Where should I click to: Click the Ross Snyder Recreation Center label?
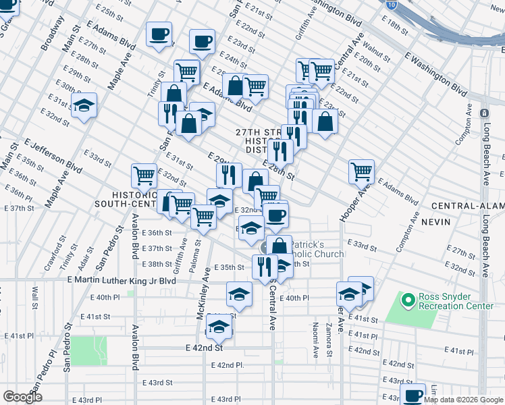coord(456,301)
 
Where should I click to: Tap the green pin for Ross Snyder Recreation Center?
coord(408,299)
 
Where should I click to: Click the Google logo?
coord(22,397)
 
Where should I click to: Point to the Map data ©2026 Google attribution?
coord(464,400)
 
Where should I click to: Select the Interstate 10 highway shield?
coord(392,4)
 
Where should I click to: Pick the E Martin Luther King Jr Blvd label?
coord(122,280)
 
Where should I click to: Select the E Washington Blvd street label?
coord(437,78)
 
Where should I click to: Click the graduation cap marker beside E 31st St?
coord(84,105)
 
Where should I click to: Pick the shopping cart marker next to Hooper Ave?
coord(362,171)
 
